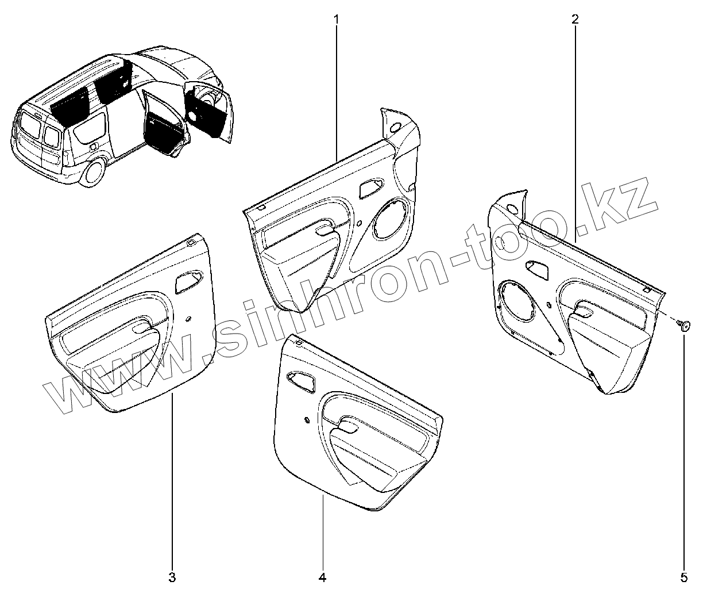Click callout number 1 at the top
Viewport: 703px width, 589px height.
click(337, 19)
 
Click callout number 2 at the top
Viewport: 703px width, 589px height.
click(575, 19)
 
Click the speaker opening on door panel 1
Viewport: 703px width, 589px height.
click(392, 218)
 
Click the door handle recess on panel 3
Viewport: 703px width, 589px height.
click(188, 280)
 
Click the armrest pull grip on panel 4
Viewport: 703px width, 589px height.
click(347, 426)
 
